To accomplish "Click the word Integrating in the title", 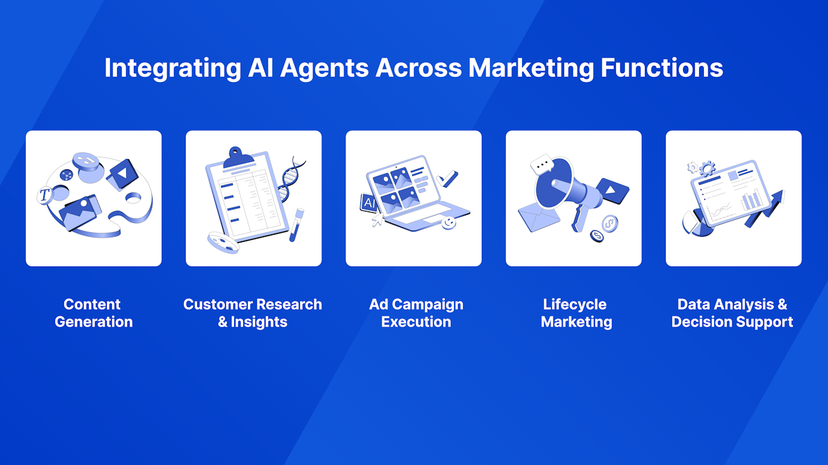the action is point(173,69).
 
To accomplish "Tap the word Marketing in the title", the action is point(531,69).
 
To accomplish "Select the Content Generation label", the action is point(93,313).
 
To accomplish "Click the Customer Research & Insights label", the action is point(253,313).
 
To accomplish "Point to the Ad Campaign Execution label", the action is point(416,313).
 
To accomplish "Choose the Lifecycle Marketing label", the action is point(576,313).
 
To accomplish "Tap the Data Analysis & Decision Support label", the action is point(732,313).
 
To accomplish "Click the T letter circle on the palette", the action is point(45,195).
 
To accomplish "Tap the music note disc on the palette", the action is point(86,161).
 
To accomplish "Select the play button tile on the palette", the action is point(122,174).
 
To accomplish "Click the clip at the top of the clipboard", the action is point(237,157).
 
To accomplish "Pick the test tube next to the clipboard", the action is point(297,224).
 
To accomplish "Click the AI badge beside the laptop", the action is point(369,202).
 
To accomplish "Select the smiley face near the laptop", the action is point(448,222).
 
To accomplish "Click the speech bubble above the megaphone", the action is point(542,164).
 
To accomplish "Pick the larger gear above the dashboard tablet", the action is point(708,169).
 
